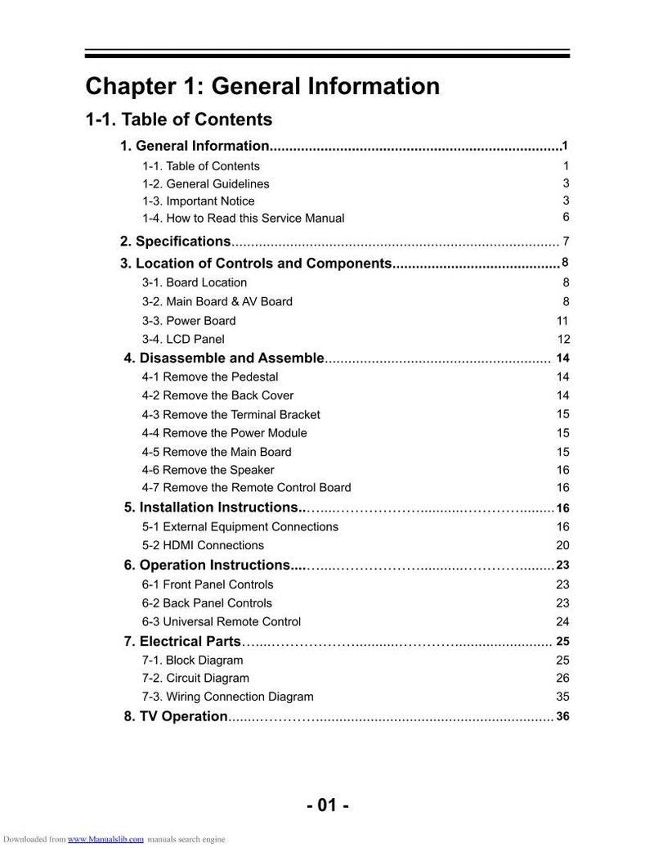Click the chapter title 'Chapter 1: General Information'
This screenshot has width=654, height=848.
coord(262,86)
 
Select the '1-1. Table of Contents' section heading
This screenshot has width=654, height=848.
coord(179,120)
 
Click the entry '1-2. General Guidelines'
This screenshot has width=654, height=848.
coord(205,184)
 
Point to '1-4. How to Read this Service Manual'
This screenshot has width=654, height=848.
coord(243,219)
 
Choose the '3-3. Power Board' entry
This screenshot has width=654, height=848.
coord(188,321)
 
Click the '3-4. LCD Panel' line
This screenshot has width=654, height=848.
coord(182,340)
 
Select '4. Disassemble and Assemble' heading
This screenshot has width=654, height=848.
coord(224,359)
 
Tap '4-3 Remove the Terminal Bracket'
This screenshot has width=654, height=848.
coord(231,415)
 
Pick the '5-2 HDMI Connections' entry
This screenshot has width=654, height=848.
coord(203,546)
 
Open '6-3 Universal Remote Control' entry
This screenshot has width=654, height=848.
coord(221,622)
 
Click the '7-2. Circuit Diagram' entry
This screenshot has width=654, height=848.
coord(195,679)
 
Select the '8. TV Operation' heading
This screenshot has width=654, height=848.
coord(176,717)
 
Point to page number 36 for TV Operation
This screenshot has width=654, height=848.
coord(562,717)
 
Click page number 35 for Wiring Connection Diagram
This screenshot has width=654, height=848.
coord(562,697)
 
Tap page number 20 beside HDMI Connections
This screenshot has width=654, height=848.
coord(562,546)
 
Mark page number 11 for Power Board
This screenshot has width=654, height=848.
coord(562,321)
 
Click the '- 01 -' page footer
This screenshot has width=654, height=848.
coord(328,805)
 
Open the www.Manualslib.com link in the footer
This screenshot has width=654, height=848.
coord(105,839)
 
